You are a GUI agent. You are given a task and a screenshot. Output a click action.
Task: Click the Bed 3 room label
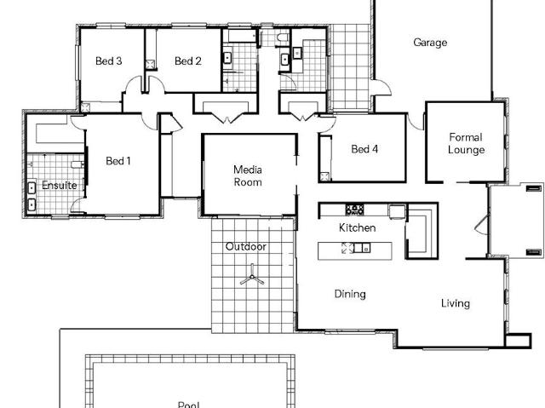click(x=108, y=60)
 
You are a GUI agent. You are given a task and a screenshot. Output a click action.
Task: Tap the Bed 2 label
click(x=187, y=60)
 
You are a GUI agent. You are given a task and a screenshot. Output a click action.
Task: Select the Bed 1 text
click(x=118, y=160)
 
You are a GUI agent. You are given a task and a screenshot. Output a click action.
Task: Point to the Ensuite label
click(x=59, y=185)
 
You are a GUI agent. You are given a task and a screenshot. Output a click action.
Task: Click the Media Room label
click(x=248, y=175)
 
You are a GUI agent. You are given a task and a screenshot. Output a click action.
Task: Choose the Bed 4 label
click(x=364, y=149)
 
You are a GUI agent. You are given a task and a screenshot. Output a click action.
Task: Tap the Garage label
click(x=430, y=43)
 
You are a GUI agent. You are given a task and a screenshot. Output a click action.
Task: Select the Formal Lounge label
click(x=466, y=143)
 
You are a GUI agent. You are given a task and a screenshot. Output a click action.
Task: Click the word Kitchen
click(x=357, y=227)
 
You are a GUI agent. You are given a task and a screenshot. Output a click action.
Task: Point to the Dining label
click(x=349, y=294)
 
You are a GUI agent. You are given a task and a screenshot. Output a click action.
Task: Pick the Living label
click(x=455, y=303)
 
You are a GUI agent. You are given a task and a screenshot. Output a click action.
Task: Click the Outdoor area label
click(x=245, y=247)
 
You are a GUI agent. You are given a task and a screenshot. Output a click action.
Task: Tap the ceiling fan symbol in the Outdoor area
click(x=251, y=277)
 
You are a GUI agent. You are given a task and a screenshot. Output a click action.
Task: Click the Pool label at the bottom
click(x=188, y=405)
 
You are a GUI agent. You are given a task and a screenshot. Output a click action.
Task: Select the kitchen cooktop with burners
click(x=354, y=210)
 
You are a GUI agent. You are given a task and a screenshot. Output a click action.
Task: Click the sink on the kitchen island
click(x=362, y=249)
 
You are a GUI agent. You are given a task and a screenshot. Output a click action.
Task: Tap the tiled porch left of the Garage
click(x=350, y=65)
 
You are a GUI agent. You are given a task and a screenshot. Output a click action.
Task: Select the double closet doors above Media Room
click(x=225, y=109)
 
